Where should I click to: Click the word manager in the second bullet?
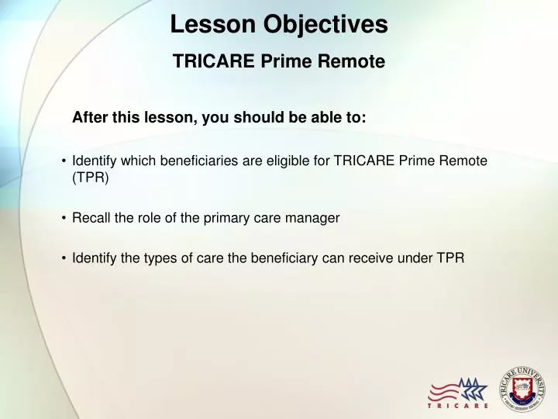(x=316, y=218)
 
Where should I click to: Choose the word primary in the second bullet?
(x=223, y=218)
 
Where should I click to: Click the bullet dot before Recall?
(x=63, y=218)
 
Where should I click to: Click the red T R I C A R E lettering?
(x=458, y=406)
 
